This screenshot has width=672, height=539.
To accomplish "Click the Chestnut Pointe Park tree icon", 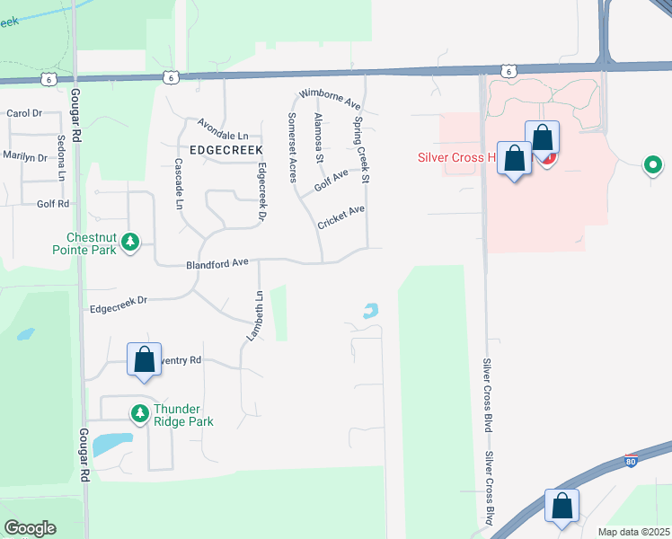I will point(130,242).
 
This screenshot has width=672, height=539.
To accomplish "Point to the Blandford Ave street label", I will point(217,264).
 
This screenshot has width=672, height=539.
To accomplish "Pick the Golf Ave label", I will point(331,180).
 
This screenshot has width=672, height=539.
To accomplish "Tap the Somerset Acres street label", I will point(292,147).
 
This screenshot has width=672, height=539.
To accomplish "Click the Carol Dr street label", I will point(24,113).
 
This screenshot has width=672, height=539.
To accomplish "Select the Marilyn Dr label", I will point(24,156).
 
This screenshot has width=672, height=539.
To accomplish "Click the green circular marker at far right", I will point(653,165).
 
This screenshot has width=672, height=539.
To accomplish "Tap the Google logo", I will point(31,527).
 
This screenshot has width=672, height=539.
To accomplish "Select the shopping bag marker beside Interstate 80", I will point(561,506).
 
